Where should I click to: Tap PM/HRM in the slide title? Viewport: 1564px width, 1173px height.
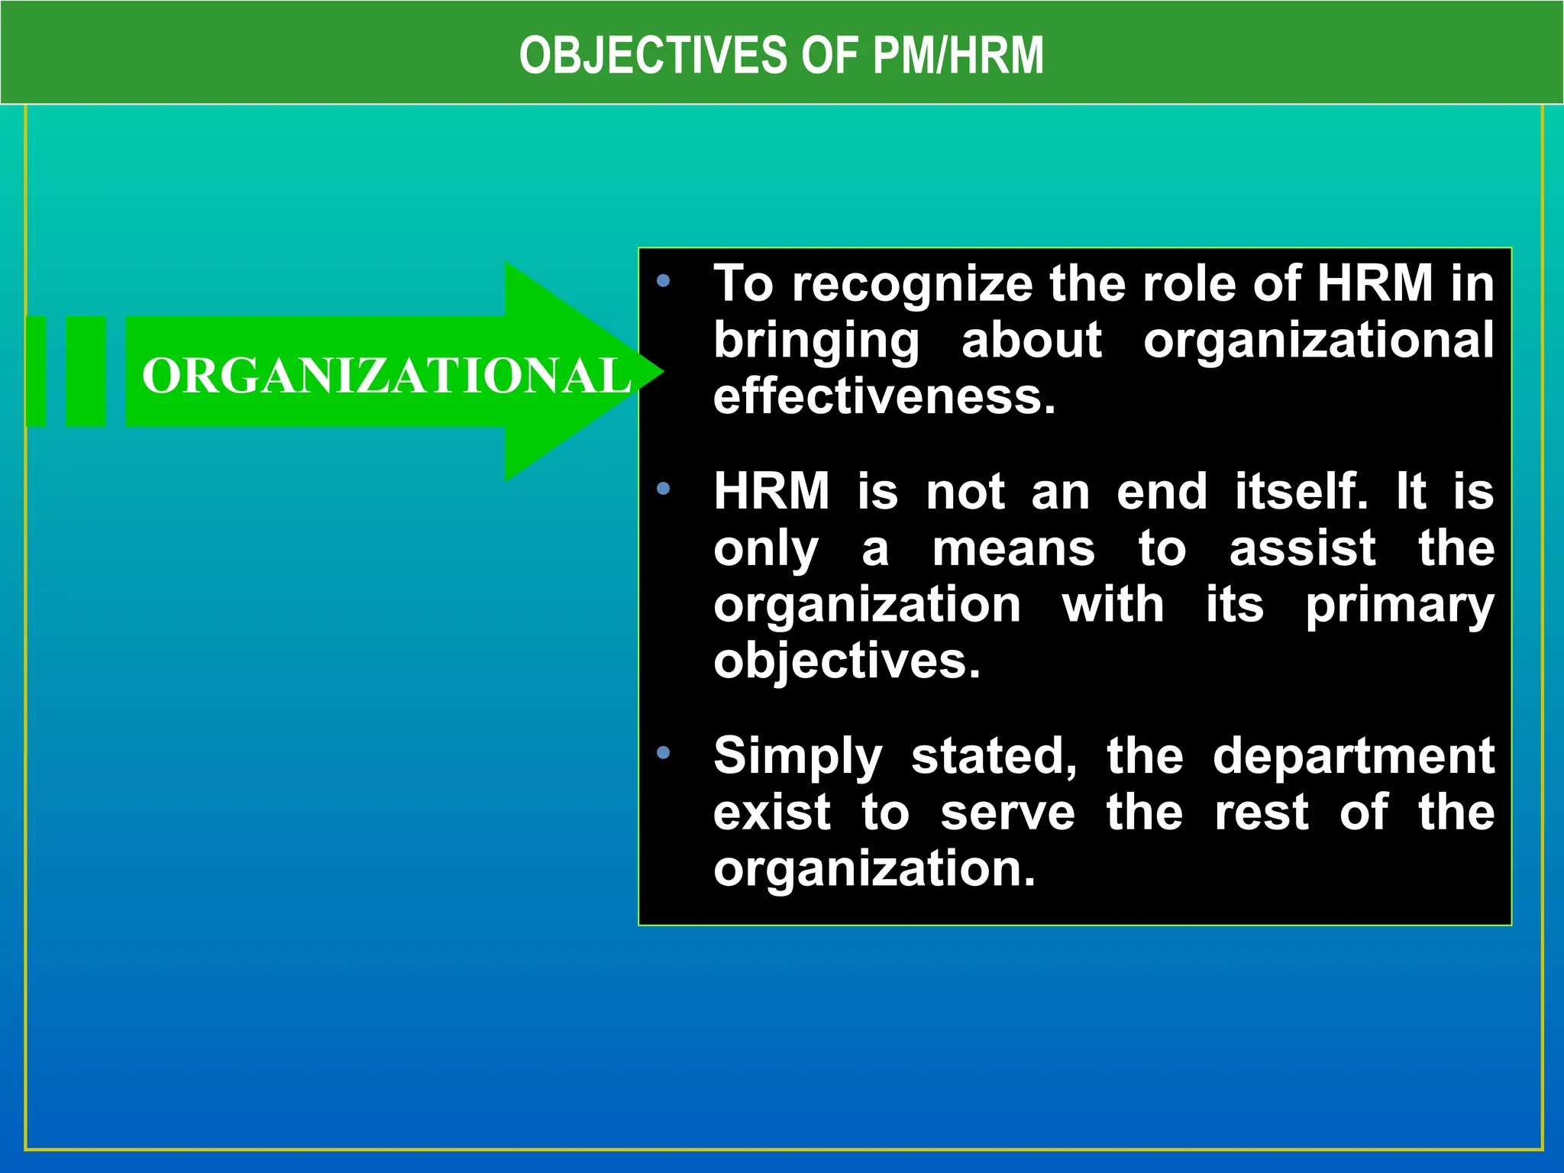pyautogui.click(x=958, y=55)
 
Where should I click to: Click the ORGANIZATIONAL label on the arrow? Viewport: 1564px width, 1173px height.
pyautogui.click(x=386, y=376)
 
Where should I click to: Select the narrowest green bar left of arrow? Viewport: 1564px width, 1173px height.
pyautogui.click(x=36, y=371)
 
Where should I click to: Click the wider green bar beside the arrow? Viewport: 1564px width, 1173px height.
pyautogui.click(x=86, y=371)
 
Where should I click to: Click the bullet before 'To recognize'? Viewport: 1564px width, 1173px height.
pyautogui.click(x=663, y=281)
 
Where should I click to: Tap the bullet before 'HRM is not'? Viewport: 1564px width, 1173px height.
pyautogui.click(x=663, y=488)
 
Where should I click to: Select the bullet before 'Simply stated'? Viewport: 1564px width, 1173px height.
pyautogui.click(x=663, y=753)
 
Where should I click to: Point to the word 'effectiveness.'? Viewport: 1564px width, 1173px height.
pyautogui.click(x=884, y=397)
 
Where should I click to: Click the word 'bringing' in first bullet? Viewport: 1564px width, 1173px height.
pyautogui.click(x=816, y=341)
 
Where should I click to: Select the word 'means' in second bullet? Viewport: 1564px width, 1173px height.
pyautogui.click(x=1013, y=548)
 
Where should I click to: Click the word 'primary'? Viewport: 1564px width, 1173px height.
pyautogui.click(x=1399, y=606)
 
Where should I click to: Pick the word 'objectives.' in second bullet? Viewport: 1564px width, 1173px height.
pyautogui.click(x=846, y=661)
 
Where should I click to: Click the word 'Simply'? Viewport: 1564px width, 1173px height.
pyautogui.click(x=797, y=757)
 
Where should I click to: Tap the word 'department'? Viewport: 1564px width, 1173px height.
pyautogui.click(x=1353, y=757)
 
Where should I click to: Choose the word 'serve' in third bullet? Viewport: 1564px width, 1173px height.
pyautogui.click(x=1007, y=813)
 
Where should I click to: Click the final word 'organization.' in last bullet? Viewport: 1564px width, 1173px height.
pyautogui.click(x=874, y=869)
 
